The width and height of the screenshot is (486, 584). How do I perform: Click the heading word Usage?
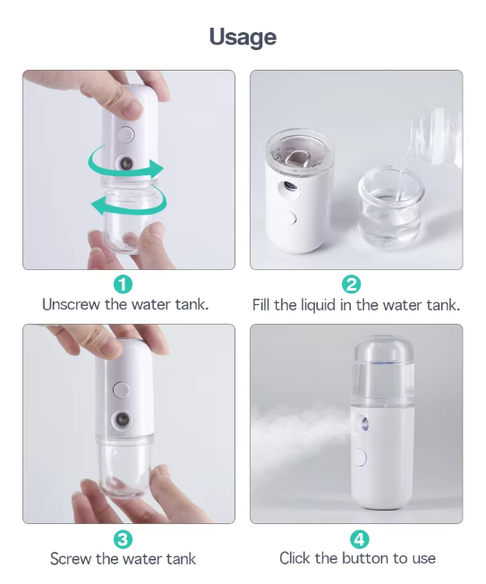pyautogui.click(x=243, y=38)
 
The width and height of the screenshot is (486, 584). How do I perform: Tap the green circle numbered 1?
pyautogui.click(x=123, y=284)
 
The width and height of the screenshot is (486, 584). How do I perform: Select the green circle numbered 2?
pyautogui.click(x=351, y=284)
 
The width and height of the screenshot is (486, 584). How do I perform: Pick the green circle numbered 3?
pyautogui.click(x=123, y=539)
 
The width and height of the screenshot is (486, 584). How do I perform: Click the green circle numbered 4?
pyautogui.click(x=359, y=539)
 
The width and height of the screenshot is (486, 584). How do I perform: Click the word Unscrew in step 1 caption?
pyautogui.click(x=72, y=304)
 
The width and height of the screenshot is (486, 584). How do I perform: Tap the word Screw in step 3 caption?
pyautogui.click(x=71, y=559)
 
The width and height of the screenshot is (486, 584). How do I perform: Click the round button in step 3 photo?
pyautogui.click(x=122, y=390)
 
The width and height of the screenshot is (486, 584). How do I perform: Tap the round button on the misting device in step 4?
pyautogui.click(x=361, y=457)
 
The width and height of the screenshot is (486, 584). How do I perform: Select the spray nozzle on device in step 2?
pyautogui.click(x=289, y=186)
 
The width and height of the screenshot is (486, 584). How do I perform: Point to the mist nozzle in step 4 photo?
pyautogui.click(x=363, y=424)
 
